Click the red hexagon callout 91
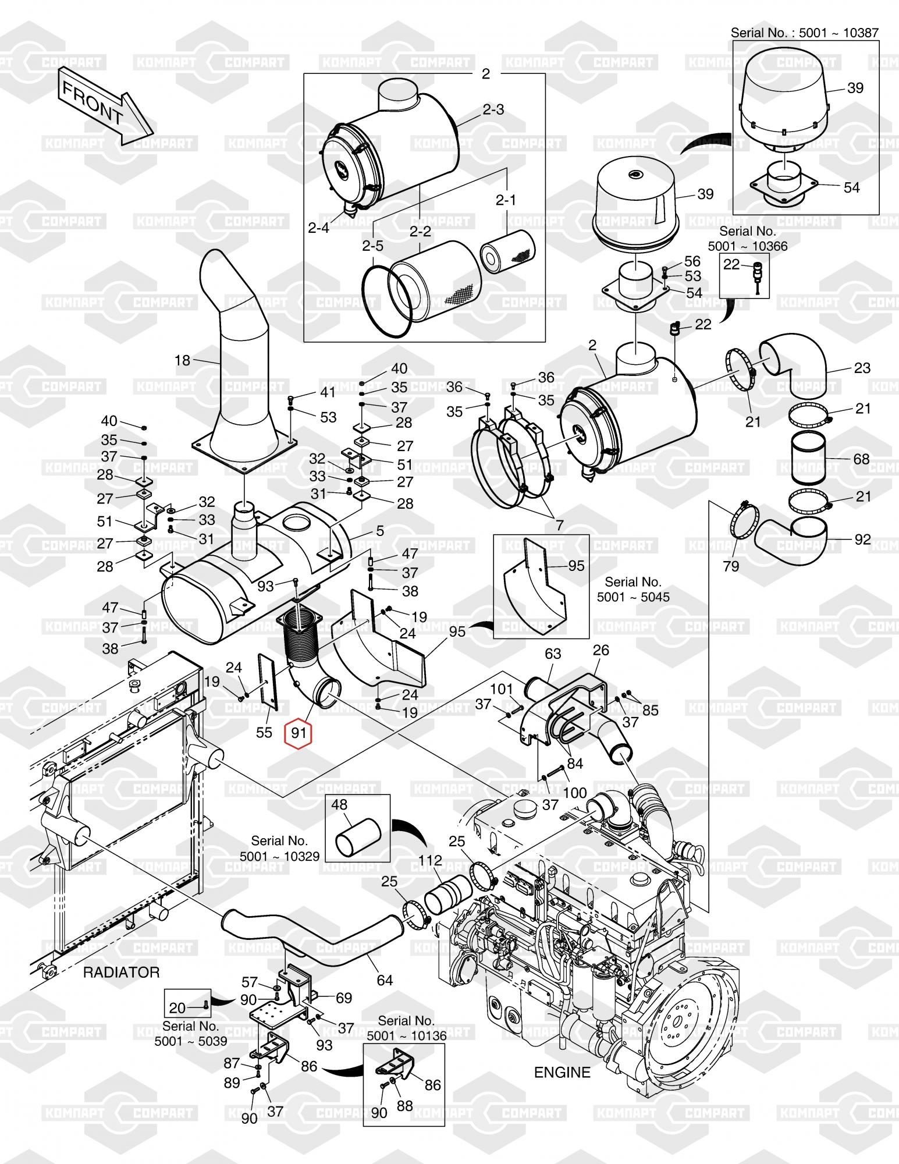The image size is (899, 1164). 298,732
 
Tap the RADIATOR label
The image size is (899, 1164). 121,972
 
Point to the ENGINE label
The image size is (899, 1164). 562,1072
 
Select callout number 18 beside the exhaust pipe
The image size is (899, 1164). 182,360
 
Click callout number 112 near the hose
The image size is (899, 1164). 430,860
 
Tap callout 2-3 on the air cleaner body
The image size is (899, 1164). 493,109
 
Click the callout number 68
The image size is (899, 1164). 861,459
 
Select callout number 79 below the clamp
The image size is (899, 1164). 731,566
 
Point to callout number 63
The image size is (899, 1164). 553,654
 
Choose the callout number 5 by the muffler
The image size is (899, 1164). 380,531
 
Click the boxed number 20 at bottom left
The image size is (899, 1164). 177,1007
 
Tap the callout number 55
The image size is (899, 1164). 264,732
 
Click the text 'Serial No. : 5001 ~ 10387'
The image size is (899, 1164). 805,33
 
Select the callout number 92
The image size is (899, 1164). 862,539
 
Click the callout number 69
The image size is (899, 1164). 344,998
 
